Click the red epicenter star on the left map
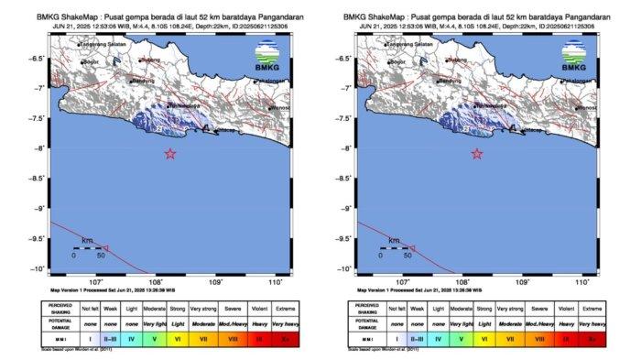click(x=170, y=154)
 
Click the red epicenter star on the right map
click(x=477, y=154)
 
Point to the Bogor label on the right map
click(x=398, y=62)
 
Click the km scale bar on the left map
click(x=89, y=247)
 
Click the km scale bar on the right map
click(x=396, y=247)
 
